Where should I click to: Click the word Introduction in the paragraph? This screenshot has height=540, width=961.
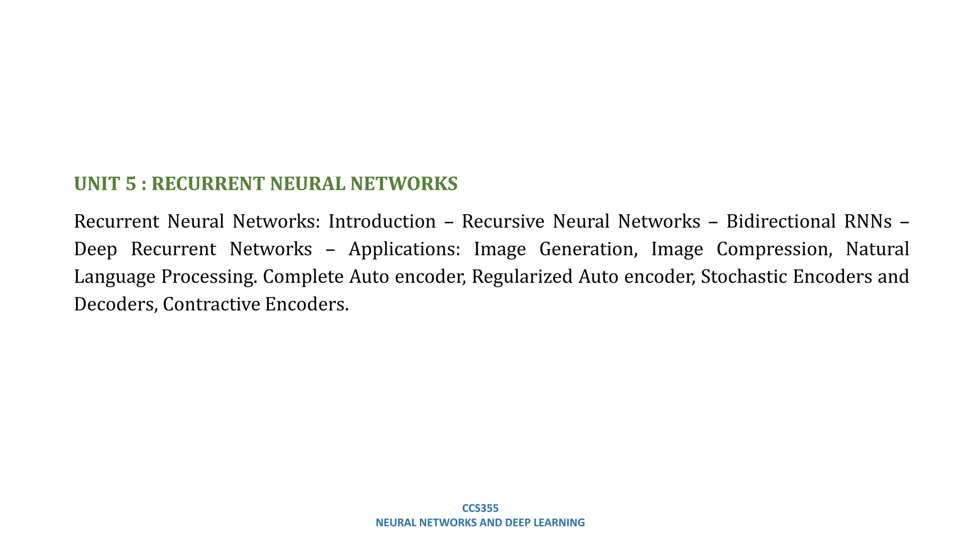382,221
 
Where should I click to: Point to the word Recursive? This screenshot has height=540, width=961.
503,221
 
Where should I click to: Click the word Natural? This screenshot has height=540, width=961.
877,249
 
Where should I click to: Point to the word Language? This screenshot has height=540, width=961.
114,277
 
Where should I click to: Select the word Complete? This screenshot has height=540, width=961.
303,277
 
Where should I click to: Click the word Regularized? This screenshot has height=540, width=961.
522,277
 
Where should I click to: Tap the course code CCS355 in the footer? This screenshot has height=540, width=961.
480,508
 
